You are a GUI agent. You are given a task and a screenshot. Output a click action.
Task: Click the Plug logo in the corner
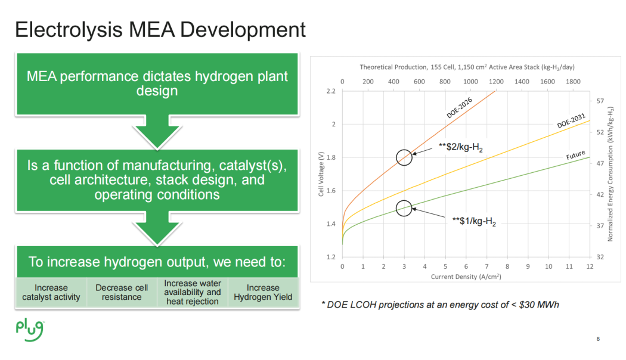pos(30,327)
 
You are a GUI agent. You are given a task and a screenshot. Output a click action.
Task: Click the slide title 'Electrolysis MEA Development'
pos(160,30)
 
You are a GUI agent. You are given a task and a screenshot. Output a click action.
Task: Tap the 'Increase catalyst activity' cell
pos(51,292)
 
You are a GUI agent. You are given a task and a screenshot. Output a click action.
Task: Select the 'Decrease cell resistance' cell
pos(122,292)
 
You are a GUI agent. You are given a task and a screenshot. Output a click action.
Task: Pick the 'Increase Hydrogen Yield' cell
pos(263,292)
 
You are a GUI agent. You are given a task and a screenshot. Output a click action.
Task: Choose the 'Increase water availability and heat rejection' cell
pos(192,292)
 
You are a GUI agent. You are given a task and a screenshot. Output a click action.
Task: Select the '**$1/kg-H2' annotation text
pos(474,221)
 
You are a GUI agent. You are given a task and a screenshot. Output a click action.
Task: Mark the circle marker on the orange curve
pos(404,157)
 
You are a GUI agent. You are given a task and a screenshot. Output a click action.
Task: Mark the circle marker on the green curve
pos(404,208)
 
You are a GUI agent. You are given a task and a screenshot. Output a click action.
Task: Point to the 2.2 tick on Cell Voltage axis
pos(331,91)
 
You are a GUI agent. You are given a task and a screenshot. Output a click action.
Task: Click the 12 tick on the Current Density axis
pos(590,266)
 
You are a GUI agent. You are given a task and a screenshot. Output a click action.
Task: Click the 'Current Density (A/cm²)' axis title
pos(466,277)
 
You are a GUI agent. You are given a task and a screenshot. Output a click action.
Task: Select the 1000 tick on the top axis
pos(470,81)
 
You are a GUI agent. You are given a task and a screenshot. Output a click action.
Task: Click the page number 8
pos(598,340)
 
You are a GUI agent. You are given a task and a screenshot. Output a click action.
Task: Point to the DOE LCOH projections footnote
pos(440,305)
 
